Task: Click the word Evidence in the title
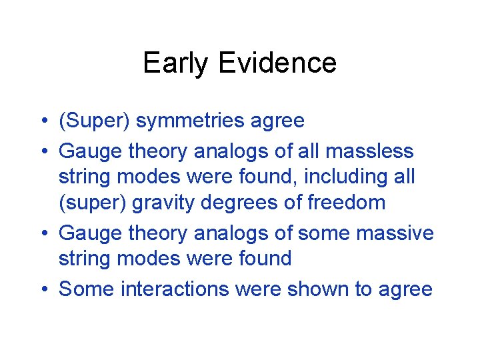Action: tap(277, 63)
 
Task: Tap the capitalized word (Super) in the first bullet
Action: tap(93, 121)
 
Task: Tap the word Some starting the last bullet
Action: tap(85, 289)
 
